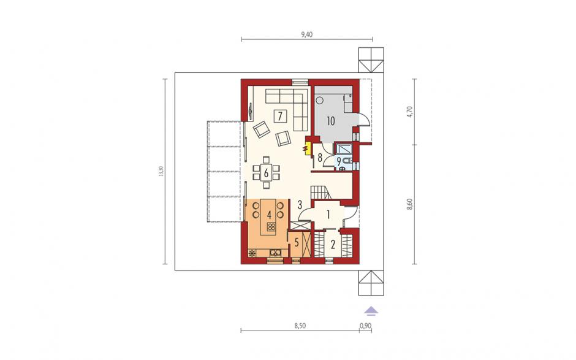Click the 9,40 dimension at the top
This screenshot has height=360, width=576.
pyautogui.click(x=307, y=34)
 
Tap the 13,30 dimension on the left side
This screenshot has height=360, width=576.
pyautogui.click(x=160, y=171)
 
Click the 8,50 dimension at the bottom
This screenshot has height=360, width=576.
pyautogui.click(x=300, y=326)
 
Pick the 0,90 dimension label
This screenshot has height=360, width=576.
pyautogui.click(x=365, y=326)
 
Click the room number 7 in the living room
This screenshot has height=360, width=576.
pyautogui.click(x=280, y=117)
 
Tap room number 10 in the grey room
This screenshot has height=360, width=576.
pyautogui.click(x=331, y=121)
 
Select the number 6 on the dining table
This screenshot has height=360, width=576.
pyautogui.click(x=266, y=172)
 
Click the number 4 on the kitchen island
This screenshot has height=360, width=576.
pyautogui.click(x=269, y=215)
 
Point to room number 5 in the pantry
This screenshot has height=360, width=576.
pyautogui.click(x=297, y=243)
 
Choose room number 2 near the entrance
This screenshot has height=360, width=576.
pyautogui.click(x=333, y=244)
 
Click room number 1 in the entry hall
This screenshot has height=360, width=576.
pyautogui.click(x=328, y=213)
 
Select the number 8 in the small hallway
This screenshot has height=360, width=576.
pyautogui.click(x=320, y=158)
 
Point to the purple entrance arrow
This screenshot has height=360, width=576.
pyautogui.click(x=371, y=311)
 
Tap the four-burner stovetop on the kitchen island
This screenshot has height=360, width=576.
pyautogui.click(x=271, y=228)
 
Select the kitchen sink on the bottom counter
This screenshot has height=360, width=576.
pyautogui.click(x=276, y=253)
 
